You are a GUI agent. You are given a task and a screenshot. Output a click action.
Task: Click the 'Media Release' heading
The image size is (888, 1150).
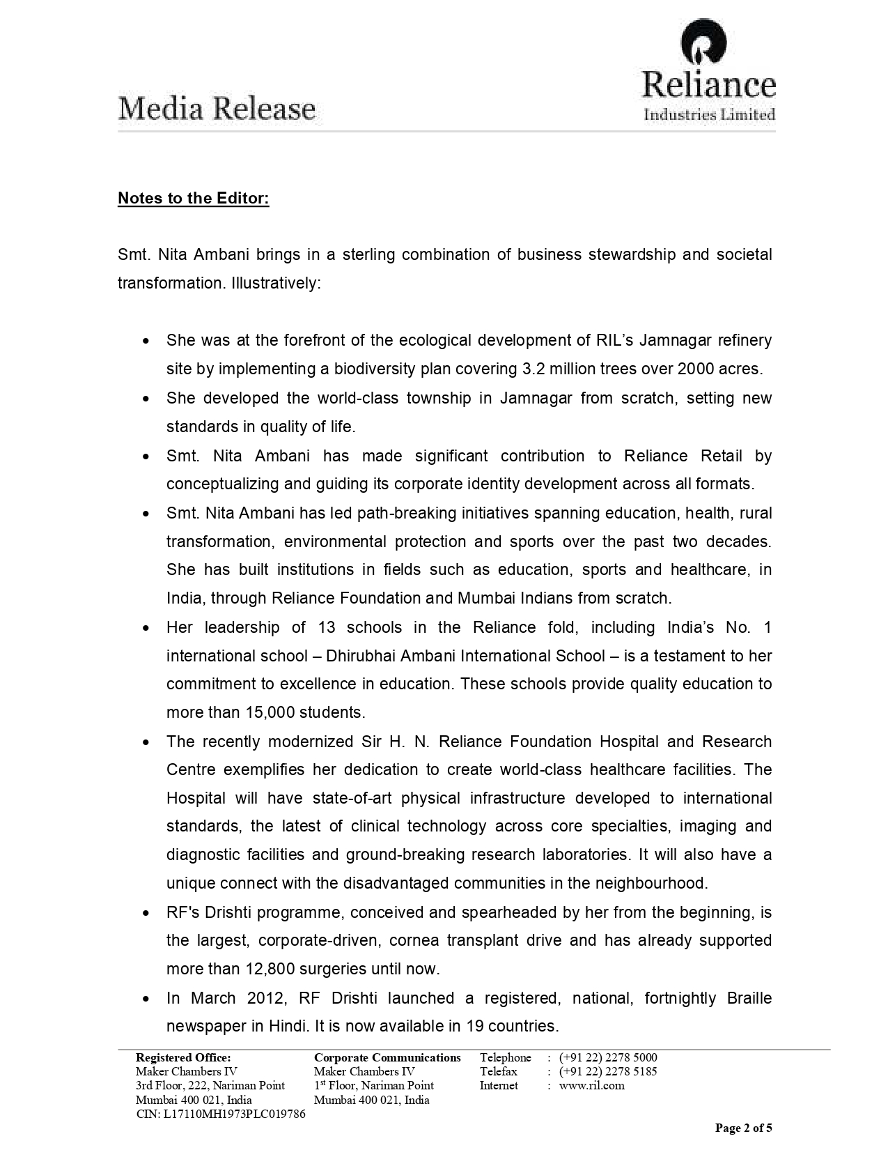pyautogui.click(x=217, y=109)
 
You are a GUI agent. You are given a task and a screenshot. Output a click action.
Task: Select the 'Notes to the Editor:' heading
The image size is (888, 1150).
pyautogui.click(x=193, y=199)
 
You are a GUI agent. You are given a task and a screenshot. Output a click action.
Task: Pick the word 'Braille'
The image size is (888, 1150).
pyautogui.click(x=749, y=998)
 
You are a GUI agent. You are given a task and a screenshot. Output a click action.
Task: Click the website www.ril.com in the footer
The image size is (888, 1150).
pyautogui.click(x=591, y=1085)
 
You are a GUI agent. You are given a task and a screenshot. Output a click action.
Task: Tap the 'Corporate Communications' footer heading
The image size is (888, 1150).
pyautogui.click(x=387, y=1057)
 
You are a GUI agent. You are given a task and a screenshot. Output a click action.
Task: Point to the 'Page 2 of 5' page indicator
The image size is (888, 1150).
pyautogui.click(x=744, y=1128)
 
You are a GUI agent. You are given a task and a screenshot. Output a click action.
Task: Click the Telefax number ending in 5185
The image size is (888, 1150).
pyautogui.click(x=608, y=1071)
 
